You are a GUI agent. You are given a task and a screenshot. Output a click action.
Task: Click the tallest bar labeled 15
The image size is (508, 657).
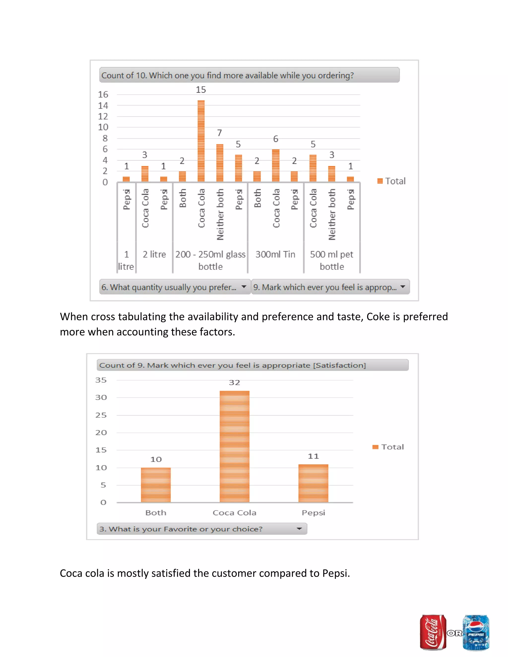pos(201,141)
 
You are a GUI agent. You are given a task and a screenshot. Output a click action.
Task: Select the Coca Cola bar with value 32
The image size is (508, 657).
pos(234,447)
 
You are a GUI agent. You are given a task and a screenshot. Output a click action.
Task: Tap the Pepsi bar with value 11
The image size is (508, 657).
pos(313,483)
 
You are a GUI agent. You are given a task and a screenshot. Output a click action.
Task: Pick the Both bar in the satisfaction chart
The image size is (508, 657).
pos(156,485)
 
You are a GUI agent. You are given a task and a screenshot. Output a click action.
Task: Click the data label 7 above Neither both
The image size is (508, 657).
pos(220,133)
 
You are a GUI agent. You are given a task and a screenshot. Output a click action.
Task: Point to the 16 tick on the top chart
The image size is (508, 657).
pos(103,94)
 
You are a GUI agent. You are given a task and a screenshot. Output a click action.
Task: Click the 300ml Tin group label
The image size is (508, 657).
pos(275,255)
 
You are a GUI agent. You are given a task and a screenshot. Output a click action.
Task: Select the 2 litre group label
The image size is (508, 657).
pos(154,255)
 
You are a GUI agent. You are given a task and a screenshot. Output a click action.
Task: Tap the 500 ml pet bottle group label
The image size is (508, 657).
pos(332,260)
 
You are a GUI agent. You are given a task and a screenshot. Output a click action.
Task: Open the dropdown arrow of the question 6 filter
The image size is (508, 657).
pos(244,287)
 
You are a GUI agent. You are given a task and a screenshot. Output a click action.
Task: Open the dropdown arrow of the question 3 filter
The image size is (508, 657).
pos(299,529)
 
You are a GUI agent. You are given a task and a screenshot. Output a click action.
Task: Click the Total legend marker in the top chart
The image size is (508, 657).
pos(380,181)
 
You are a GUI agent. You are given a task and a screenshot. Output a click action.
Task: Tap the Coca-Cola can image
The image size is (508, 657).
pos(433,632)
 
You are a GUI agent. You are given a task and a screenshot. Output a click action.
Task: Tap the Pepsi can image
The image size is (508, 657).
pos(476,632)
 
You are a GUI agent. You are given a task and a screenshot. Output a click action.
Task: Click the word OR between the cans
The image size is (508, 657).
pos(454,633)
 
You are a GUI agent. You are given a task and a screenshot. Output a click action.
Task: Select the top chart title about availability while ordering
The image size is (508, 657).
pos(227,75)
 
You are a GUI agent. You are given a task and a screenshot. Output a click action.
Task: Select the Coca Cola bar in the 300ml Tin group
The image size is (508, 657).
pos(275,165)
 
